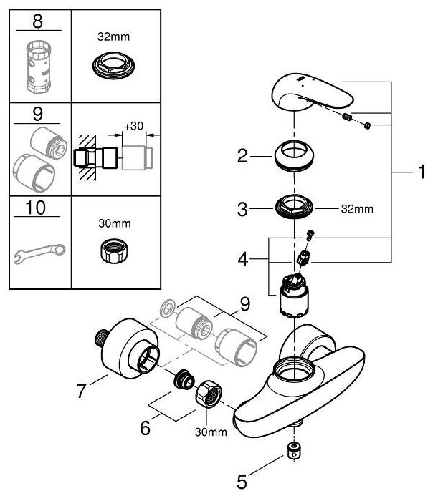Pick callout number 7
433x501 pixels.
click(82, 391)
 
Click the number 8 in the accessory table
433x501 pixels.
click(37, 22)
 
